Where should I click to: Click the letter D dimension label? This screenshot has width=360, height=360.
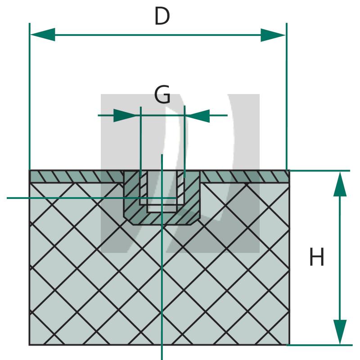coord(162,16)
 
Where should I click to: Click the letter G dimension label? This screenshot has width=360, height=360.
coord(162,94)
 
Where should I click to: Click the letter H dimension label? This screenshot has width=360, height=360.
coord(317,256)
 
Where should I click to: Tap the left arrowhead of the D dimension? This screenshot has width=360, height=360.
coord(43,35)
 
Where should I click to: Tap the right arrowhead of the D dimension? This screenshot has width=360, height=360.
coord(273,35)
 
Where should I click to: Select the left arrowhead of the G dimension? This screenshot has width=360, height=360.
coord(127,115)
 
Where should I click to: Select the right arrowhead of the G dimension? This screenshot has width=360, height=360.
coord(198,116)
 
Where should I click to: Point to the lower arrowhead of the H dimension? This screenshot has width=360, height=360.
coord(340,332)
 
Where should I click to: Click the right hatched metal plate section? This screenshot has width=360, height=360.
coord(245,177)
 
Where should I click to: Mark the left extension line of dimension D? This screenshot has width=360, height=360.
coord(30,96)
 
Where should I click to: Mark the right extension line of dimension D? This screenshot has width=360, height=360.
coord(287,96)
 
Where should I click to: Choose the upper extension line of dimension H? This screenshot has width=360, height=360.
coord(319,171)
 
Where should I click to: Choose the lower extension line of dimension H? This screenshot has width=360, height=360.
coord(319,345)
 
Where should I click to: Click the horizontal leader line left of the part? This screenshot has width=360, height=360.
coord(92,198)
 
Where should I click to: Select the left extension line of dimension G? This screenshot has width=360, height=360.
coord(141,142)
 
